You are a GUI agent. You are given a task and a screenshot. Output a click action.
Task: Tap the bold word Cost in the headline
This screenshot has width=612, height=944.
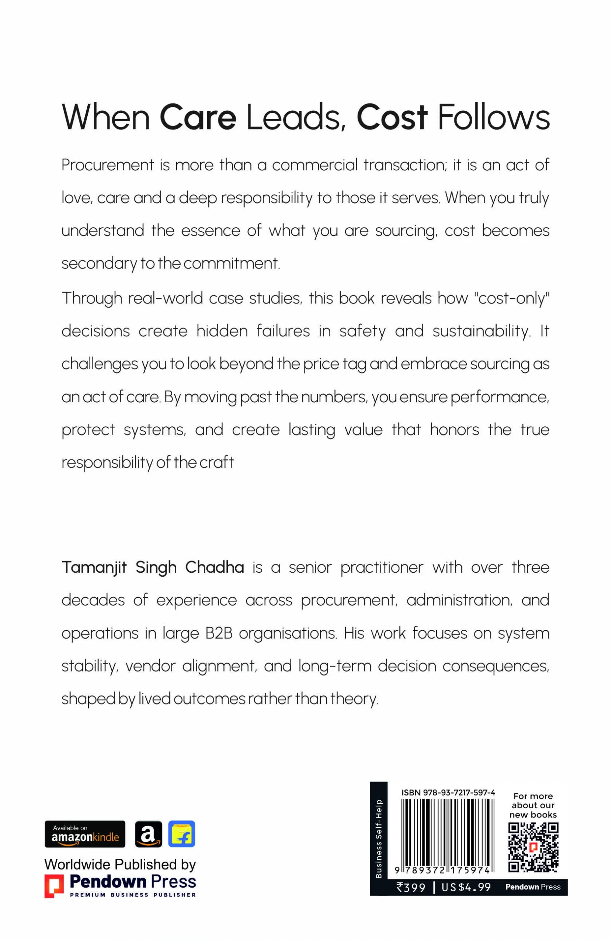point(392,117)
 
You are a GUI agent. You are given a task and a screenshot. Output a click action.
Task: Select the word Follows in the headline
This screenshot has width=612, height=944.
point(493,117)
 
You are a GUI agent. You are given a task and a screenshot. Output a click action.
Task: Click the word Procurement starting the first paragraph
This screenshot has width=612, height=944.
point(108,165)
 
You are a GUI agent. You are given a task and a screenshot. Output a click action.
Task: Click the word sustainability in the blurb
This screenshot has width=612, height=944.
point(481,331)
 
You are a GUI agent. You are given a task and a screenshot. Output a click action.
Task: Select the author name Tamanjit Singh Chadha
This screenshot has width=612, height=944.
point(153,568)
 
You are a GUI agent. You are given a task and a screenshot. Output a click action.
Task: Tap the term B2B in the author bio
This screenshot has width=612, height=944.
point(219,634)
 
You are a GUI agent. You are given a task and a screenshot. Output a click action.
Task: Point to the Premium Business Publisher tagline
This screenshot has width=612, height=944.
point(133,895)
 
